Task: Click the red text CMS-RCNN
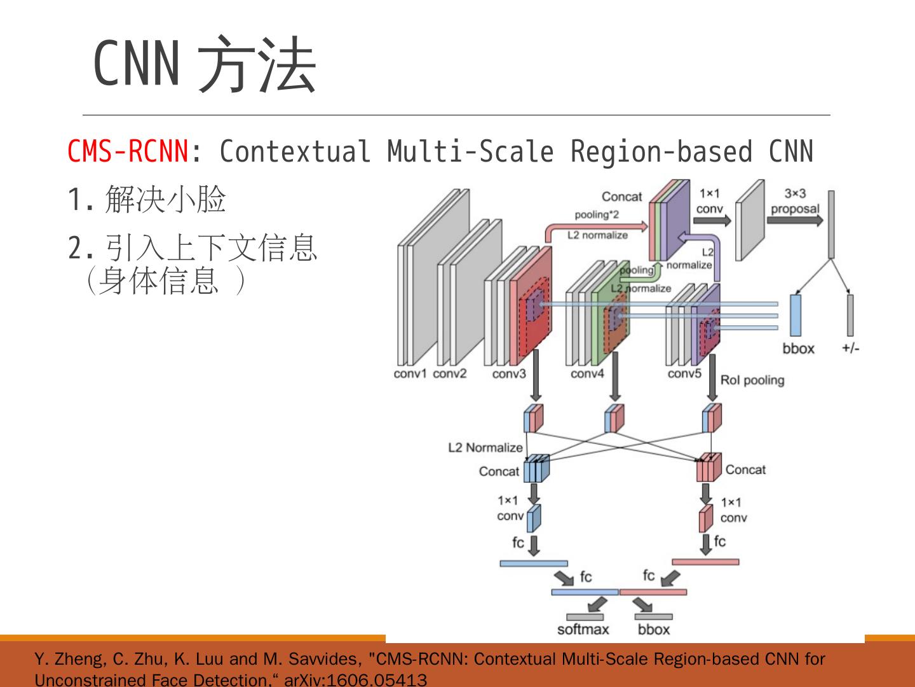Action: [x=128, y=151]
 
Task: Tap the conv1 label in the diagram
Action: [x=410, y=373]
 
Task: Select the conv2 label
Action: [x=450, y=373]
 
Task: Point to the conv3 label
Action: [x=509, y=374]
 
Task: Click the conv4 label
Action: [x=587, y=374]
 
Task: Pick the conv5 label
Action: [x=684, y=373]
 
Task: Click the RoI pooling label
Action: [x=752, y=380]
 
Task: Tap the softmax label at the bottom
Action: [x=583, y=630]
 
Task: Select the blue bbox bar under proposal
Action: [x=795, y=315]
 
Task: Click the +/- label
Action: [x=850, y=348]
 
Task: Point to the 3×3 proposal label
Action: [x=795, y=201]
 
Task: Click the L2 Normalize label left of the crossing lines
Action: [x=485, y=448]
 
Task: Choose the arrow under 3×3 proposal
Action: [x=794, y=220]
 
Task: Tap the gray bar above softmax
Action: [x=585, y=616]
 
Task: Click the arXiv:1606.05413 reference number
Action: [x=356, y=680]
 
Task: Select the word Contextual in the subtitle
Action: [x=295, y=151]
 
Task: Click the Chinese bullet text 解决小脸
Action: [x=165, y=200]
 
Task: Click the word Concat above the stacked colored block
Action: [x=621, y=197]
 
